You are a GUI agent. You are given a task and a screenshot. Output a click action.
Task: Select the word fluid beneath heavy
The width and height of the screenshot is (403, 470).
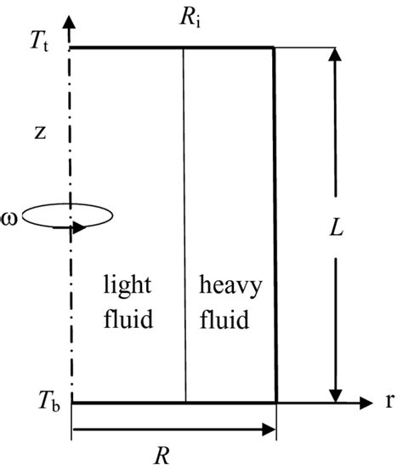226,321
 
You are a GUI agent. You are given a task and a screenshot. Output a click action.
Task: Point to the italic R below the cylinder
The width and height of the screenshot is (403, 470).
174,452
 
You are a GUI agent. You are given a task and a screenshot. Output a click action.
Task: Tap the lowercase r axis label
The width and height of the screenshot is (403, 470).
389,400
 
